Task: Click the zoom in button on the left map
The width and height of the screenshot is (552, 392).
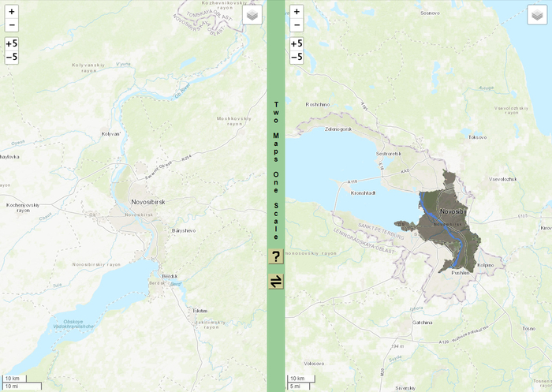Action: coord(11,12)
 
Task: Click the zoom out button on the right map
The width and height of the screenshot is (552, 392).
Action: coord(296,25)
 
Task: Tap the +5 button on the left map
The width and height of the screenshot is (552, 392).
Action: coord(11,44)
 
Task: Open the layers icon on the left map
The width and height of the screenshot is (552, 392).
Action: coord(252,15)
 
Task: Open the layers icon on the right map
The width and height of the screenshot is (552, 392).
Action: coord(537,15)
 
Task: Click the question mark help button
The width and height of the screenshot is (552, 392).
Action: coord(276,256)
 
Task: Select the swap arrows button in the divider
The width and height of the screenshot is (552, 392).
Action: coord(276,282)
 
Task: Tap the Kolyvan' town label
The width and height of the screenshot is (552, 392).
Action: coord(111,134)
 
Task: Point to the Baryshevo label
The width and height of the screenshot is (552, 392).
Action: coord(184,230)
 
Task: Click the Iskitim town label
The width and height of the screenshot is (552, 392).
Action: coord(200,311)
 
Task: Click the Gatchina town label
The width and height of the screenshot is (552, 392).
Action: coord(423,323)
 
